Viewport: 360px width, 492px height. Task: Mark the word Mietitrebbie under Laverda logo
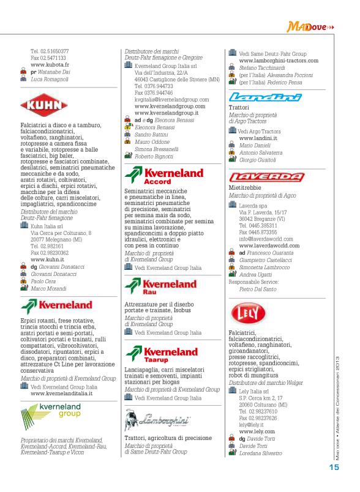[247, 188]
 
